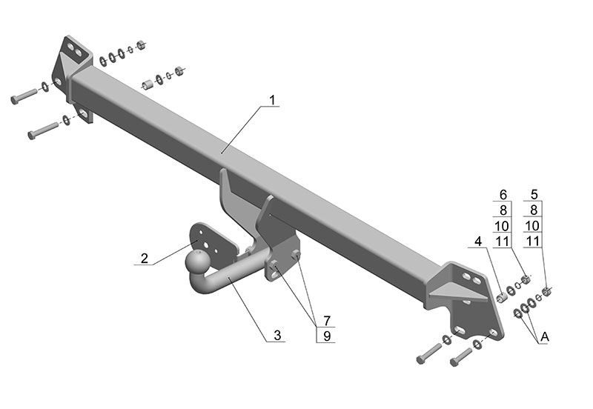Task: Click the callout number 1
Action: [272, 100]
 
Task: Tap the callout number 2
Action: [144, 259]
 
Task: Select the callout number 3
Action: [277, 336]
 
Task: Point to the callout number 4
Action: [478, 241]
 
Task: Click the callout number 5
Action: [534, 195]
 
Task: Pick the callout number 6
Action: [503, 195]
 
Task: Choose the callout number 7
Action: [327, 321]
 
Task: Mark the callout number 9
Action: [327, 336]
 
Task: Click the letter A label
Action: [545, 336]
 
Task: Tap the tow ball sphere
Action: [197, 261]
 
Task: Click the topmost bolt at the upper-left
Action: [24, 95]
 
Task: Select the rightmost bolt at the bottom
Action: [461, 357]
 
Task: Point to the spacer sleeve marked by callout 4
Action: [502, 298]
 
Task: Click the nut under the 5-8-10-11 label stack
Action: [546, 291]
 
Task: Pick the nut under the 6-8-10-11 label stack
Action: [526, 280]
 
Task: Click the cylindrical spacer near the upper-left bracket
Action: [147, 84]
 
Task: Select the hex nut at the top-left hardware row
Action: [141, 44]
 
